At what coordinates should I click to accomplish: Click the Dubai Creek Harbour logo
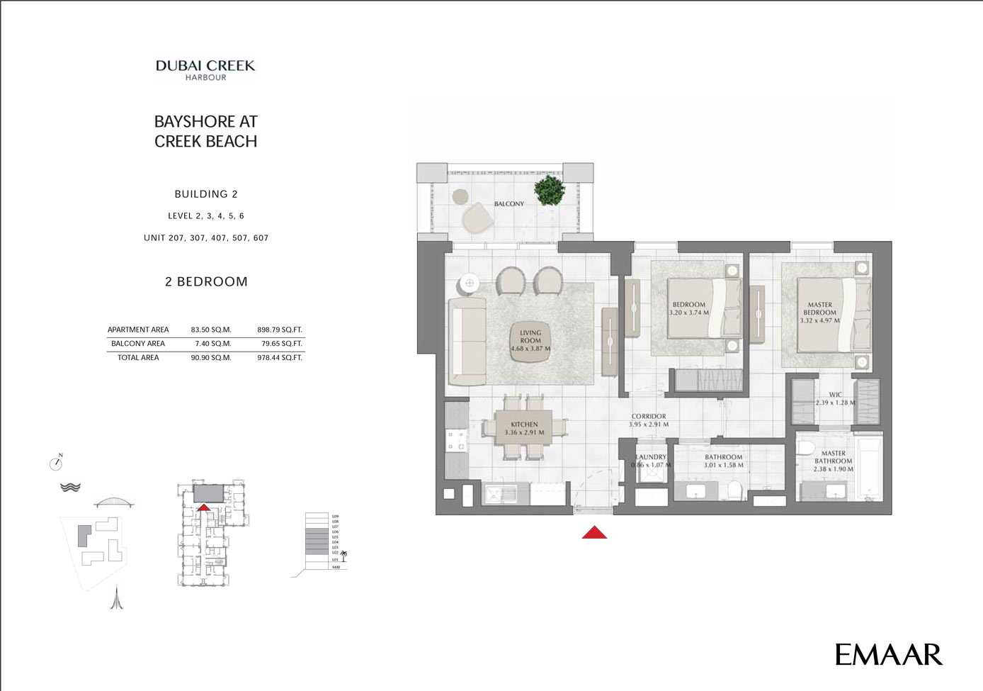[205, 69]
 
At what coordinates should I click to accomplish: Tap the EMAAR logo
[888, 654]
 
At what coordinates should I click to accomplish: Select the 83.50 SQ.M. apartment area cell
[211, 330]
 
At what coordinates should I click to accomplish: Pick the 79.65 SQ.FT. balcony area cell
[281, 344]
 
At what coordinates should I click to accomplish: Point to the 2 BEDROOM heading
[206, 281]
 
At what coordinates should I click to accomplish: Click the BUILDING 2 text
[206, 194]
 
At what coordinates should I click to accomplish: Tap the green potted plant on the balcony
[550, 191]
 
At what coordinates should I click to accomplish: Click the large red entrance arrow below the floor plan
[594, 532]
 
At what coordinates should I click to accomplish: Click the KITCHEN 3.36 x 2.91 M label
[524, 428]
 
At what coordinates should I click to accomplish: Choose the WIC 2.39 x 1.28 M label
[835, 398]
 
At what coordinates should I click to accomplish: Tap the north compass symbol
[56, 464]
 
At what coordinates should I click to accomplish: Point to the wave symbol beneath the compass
[70, 487]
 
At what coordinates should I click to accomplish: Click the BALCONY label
[509, 204]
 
